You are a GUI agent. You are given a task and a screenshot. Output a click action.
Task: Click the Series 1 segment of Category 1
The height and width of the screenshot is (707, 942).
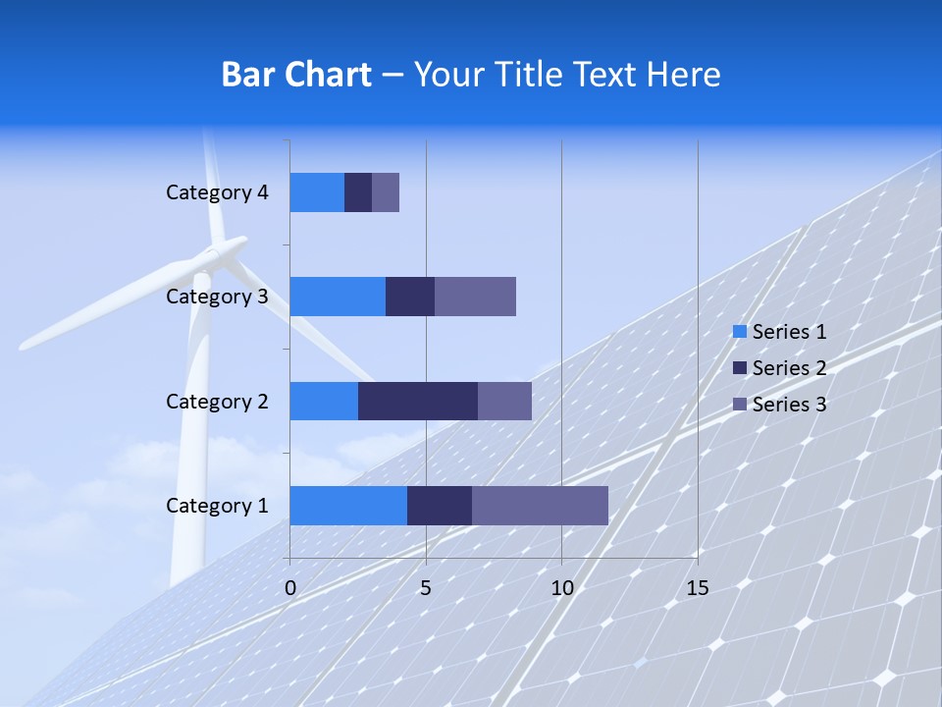pyautogui.click(x=348, y=506)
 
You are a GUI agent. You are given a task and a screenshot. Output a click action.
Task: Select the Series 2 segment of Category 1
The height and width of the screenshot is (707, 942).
pyautogui.click(x=440, y=506)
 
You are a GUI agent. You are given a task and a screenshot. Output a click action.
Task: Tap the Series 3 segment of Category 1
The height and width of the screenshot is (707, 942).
pyautogui.click(x=540, y=506)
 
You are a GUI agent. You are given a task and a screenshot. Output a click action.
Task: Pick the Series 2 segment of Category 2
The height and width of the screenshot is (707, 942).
pyautogui.click(x=418, y=401)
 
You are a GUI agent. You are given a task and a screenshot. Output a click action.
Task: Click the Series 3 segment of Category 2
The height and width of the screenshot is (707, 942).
pyautogui.click(x=504, y=401)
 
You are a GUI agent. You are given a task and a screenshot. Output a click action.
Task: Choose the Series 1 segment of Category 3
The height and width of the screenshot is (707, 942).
pyautogui.click(x=338, y=297)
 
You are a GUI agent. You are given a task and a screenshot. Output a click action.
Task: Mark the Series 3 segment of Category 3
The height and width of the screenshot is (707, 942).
pyautogui.click(x=475, y=297)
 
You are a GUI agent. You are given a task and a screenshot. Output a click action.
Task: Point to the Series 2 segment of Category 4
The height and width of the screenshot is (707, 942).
pyautogui.click(x=358, y=192)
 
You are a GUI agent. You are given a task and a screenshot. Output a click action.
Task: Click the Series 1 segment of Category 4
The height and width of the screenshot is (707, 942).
pyautogui.click(x=317, y=192)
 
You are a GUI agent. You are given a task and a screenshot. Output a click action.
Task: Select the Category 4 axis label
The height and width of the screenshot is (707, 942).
pyautogui.click(x=217, y=192)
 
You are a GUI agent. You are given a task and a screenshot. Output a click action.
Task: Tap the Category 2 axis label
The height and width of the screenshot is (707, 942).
pyautogui.click(x=217, y=401)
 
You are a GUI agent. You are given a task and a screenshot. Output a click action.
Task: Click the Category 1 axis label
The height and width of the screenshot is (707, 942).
pyautogui.click(x=217, y=506)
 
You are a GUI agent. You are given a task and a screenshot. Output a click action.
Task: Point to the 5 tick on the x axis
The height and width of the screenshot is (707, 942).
pyautogui.click(x=426, y=588)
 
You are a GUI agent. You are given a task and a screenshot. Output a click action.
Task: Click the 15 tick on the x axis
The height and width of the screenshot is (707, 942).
pyautogui.click(x=697, y=588)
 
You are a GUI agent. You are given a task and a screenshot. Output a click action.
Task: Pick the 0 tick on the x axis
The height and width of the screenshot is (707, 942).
pyautogui.click(x=290, y=588)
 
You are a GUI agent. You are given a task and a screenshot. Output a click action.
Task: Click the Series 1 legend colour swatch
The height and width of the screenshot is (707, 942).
pyautogui.click(x=739, y=332)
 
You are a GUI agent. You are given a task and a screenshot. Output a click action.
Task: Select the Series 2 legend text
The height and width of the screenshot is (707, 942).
pyautogui.click(x=789, y=368)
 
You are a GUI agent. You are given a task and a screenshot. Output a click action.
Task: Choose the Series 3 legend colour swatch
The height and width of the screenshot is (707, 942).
pyautogui.click(x=739, y=405)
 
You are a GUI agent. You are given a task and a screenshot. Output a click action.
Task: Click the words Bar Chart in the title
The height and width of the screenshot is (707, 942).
pyautogui.click(x=296, y=75)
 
